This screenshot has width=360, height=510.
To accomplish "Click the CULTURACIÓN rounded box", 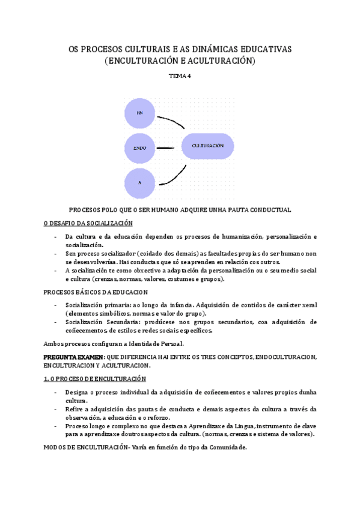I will coord(208,146).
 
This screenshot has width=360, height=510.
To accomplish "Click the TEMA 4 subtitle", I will coord(180,76).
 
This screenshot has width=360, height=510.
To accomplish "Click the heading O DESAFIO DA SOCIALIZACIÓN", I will coord(88,223).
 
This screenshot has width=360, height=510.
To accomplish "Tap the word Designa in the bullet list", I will coord(78,392).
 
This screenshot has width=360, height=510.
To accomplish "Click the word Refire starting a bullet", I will coord(76,409).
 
